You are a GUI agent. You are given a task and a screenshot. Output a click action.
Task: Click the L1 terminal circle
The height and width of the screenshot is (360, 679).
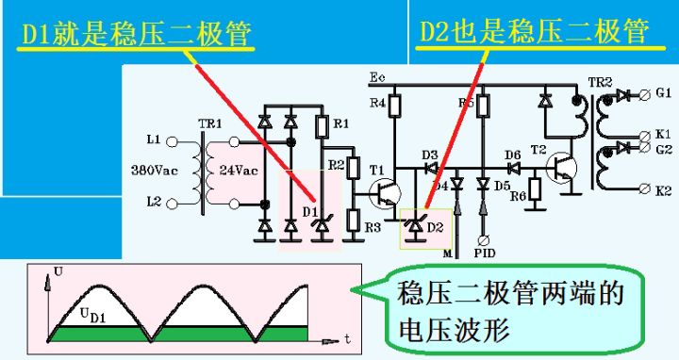[173, 140]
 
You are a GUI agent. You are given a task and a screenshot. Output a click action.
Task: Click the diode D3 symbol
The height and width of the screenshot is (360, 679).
[431, 167]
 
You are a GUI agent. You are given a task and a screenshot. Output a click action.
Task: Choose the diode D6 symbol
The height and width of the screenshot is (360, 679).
[512, 169]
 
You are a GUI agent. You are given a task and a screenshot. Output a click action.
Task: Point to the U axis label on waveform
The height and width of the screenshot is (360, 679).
[58, 272]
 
